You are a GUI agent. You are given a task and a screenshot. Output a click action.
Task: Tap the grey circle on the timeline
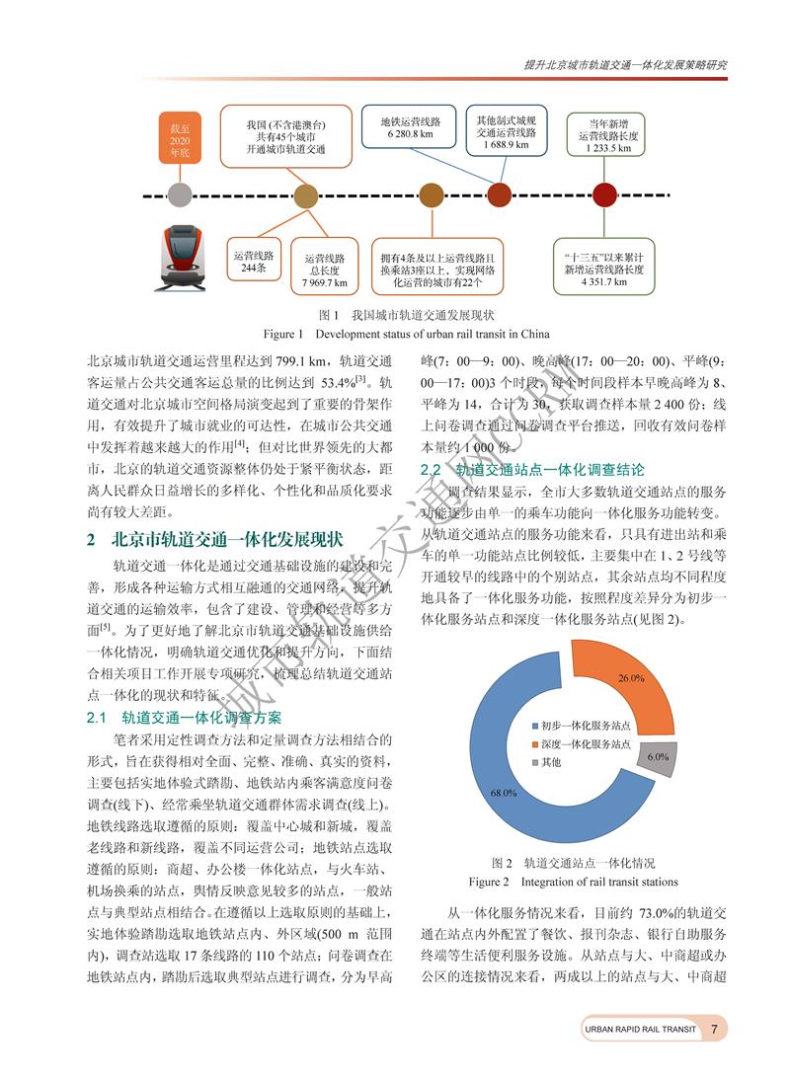point(179,195)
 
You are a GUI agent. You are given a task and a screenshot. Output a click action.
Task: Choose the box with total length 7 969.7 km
point(325,268)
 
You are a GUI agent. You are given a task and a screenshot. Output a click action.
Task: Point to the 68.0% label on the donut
point(503,792)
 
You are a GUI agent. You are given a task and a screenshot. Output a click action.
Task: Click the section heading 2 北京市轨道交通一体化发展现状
point(214,539)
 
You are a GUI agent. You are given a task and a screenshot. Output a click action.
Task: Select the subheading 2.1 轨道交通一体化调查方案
point(184,716)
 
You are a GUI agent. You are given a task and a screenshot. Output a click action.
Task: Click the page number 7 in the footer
point(713,1029)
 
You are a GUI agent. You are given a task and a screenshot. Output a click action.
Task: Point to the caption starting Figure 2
point(573,881)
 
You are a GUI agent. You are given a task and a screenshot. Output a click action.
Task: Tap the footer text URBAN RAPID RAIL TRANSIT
point(640,1029)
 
